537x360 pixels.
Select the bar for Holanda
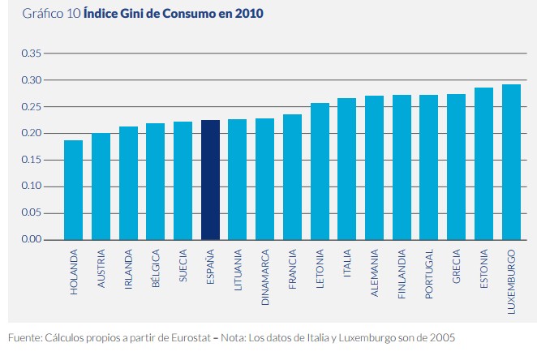[x=74, y=190]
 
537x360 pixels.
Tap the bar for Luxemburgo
[x=511, y=162]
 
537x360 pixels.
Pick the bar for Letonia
[x=320, y=171]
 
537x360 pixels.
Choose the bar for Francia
[x=293, y=177]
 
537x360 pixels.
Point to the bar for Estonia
[x=483, y=164]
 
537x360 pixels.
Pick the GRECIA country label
[x=457, y=270]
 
